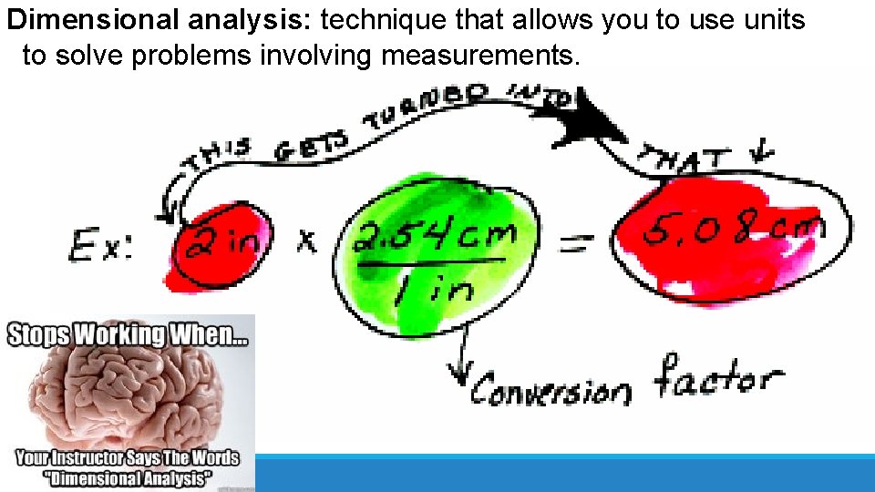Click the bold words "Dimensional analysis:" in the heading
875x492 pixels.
coord(159,19)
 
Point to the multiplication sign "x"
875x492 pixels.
coord(307,242)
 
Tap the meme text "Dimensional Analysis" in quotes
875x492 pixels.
coord(127,478)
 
